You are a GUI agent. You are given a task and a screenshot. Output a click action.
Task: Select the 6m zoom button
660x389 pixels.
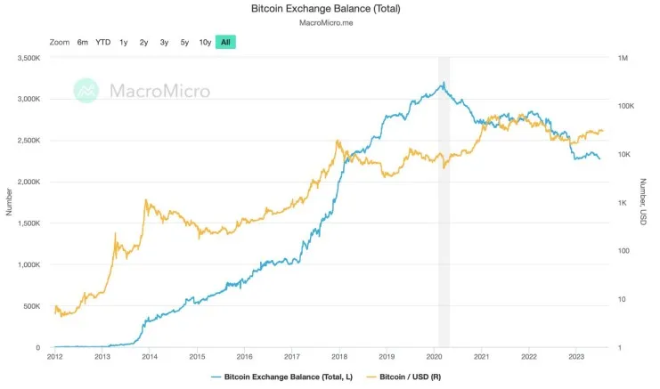[83, 42]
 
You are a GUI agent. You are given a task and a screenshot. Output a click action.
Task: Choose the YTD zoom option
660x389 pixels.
[103, 42]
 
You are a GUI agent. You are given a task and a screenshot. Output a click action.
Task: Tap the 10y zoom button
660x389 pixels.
[205, 42]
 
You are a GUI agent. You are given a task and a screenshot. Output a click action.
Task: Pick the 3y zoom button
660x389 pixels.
[164, 42]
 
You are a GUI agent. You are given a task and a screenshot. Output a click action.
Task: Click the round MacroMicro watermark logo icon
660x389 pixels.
[86, 90]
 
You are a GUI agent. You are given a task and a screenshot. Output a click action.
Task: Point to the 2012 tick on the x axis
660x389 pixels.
[54, 355]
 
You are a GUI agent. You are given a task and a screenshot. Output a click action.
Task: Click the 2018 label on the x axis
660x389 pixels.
[338, 355]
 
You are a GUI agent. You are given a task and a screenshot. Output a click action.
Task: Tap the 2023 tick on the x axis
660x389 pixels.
[575, 355]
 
